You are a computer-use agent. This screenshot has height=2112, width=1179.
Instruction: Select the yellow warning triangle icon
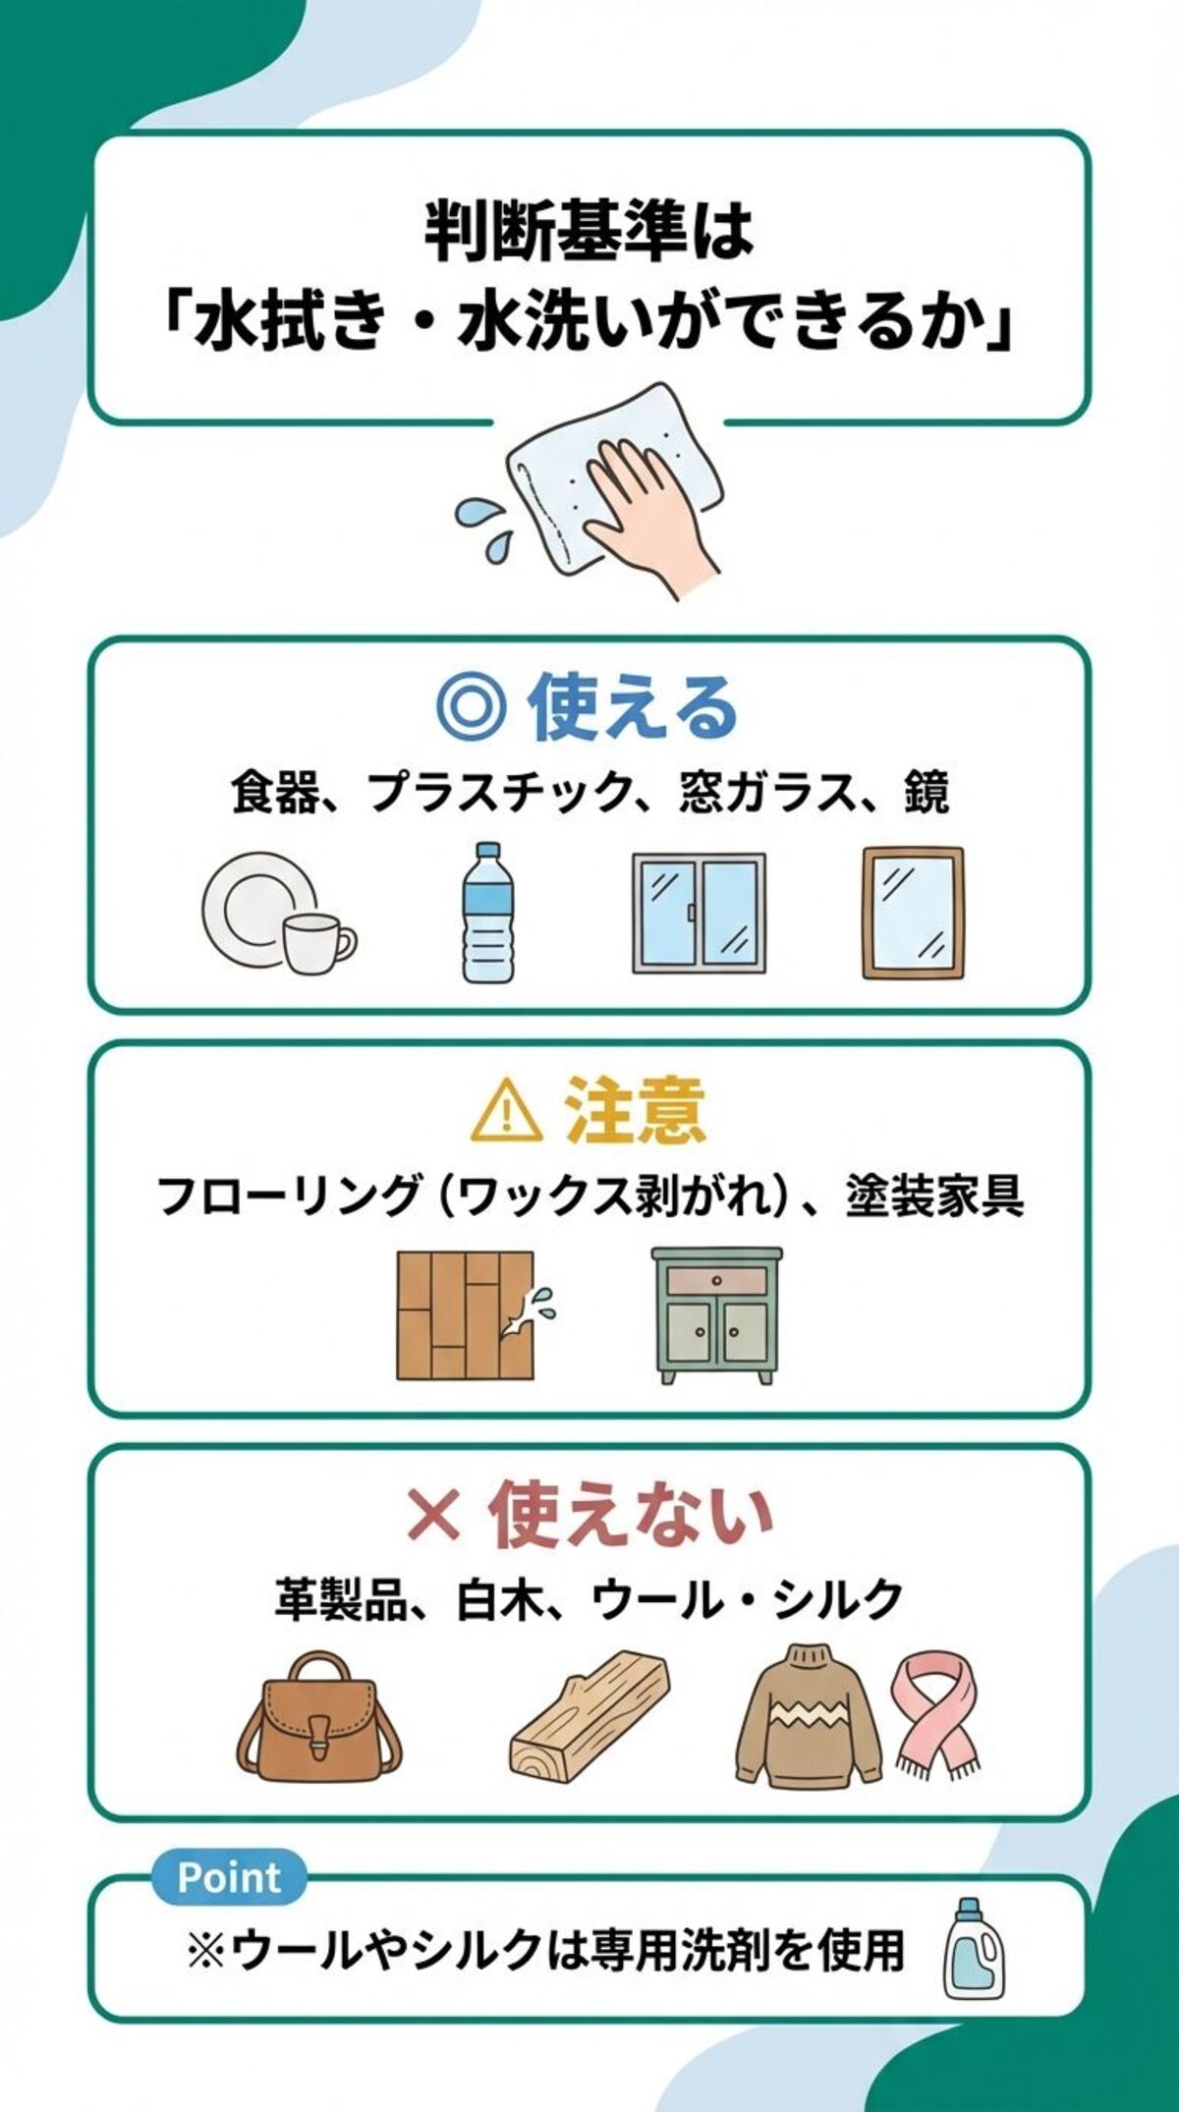(x=506, y=1109)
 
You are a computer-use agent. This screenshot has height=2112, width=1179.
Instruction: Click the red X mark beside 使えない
(x=433, y=1514)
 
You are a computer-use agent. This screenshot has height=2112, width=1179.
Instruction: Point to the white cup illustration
(x=316, y=941)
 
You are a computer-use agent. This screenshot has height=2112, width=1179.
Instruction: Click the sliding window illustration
(x=698, y=914)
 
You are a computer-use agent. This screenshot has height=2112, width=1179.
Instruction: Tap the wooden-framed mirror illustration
(x=913, y=914)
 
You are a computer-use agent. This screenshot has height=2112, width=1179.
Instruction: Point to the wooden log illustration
(x=589, y=1715)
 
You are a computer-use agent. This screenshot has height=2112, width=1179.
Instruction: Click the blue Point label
(x=229, y=1877)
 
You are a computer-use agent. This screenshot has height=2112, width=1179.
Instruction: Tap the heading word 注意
(x=634, y=1109)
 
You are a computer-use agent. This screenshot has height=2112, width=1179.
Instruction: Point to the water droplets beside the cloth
(x=483, y=526)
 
